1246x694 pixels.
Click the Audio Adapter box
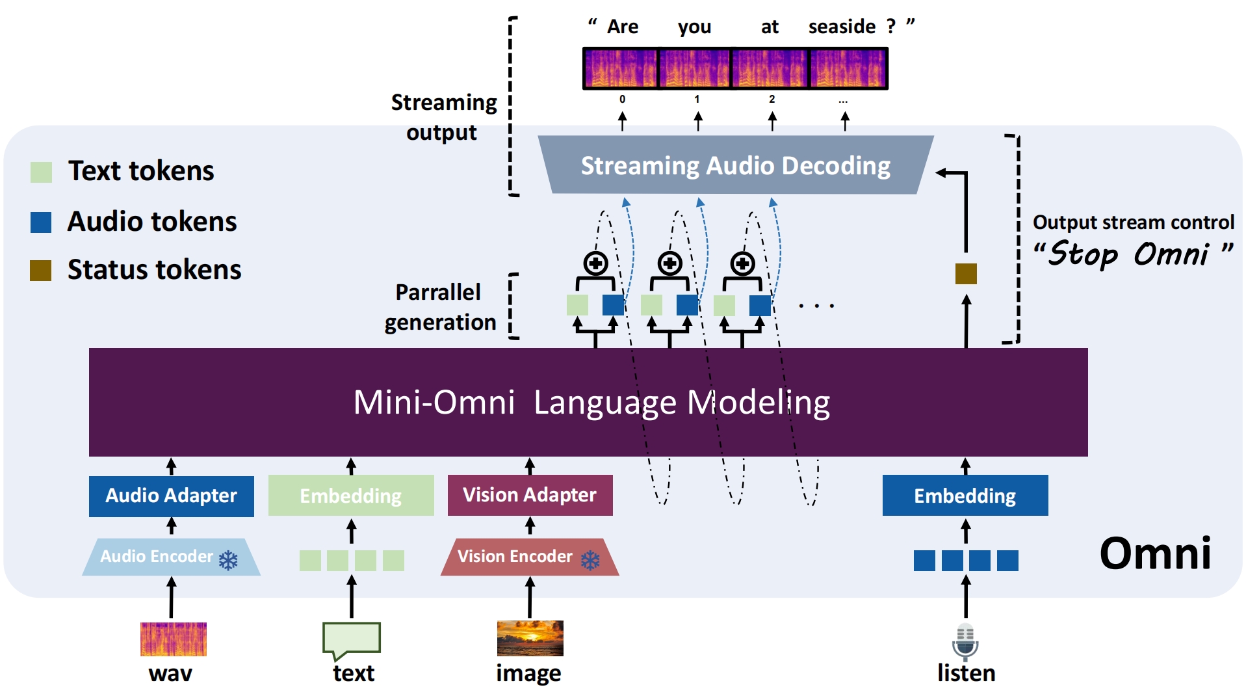coord(171,496)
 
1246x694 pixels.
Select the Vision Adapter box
coord(530,495)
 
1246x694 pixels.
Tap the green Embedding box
coord(351,496)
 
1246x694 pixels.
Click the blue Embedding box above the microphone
coord(965,496)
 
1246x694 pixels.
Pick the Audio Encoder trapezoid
coord(171,557)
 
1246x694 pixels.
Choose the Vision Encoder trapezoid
coord(529,557)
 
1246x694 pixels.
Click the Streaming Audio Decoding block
coord(735,165)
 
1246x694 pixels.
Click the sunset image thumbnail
coord(530,638)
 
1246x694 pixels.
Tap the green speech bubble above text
coord(351,639)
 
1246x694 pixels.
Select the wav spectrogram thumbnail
coord(173,639)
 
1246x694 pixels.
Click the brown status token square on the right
coord(966,274)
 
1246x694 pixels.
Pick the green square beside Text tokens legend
coord(42,172)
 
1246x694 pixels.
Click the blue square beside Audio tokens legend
coord(41,222)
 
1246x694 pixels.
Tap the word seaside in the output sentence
coord(842,27)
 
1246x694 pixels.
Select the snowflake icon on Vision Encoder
coord(590,560)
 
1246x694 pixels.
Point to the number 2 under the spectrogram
coord(772,100)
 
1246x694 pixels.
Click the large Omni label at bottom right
coord(1155,554)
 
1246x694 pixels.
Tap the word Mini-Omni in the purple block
coord(434,402)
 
